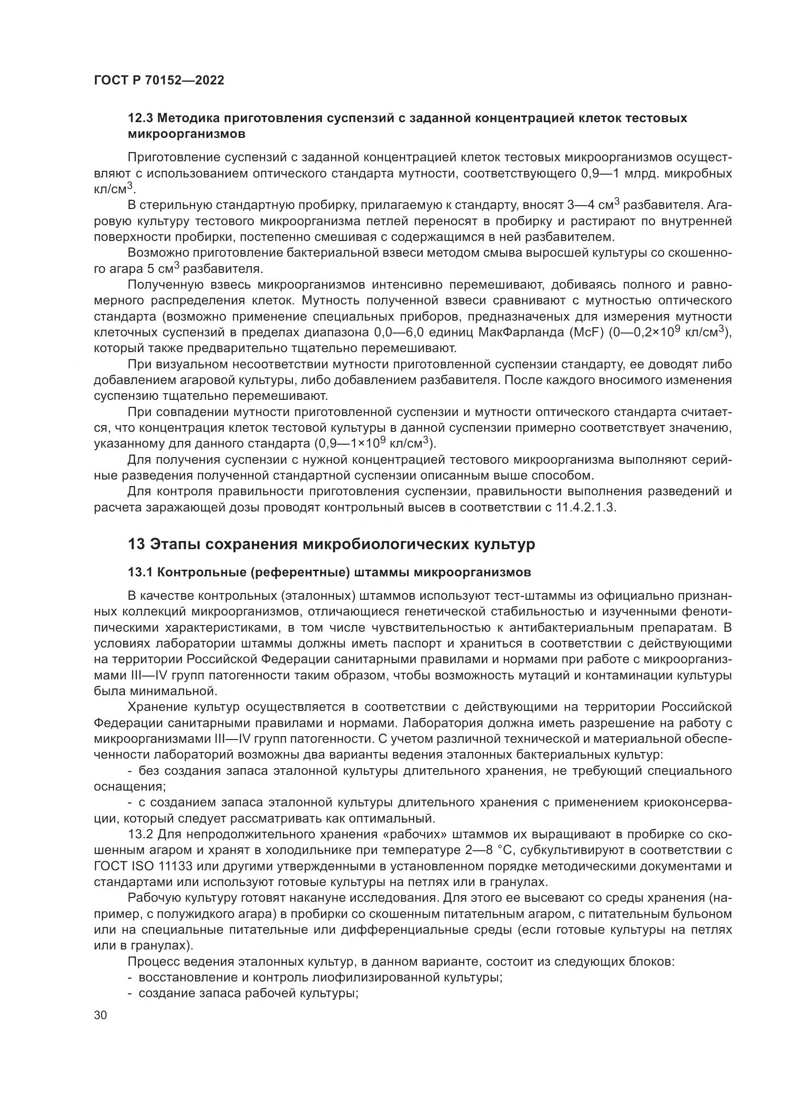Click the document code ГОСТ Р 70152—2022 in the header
point(159,81)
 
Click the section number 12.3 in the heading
point(140,118)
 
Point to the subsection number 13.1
point(140,573)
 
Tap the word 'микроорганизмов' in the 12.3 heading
point(187,134)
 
